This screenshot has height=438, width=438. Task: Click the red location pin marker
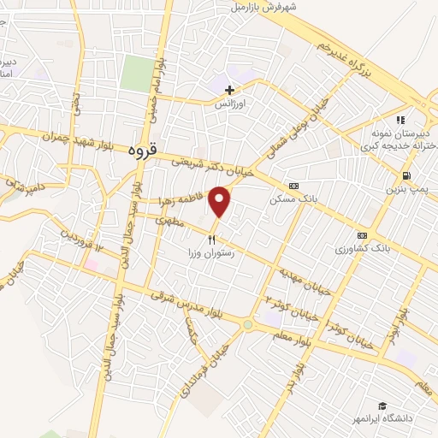coord(221,201)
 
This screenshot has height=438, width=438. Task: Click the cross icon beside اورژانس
coord(229,89)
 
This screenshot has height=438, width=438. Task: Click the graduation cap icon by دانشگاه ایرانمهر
coord(383,406)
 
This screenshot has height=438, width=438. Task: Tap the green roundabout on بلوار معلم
coord(248,324)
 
